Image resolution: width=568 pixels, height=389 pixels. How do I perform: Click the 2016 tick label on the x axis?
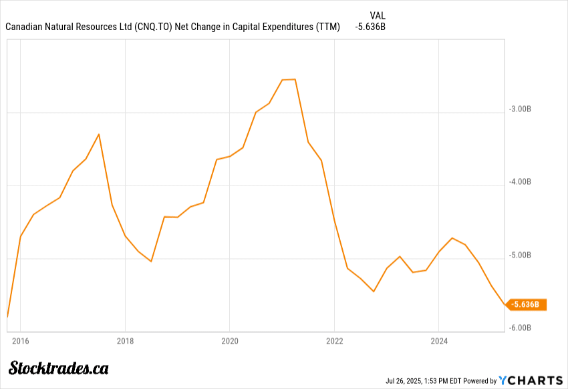tap(20, 342)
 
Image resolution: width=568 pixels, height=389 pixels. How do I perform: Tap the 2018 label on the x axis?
tap(125, 342)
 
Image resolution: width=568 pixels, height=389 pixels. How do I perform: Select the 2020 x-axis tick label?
tap(229, 342)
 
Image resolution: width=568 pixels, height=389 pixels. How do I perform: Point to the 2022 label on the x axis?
tap(334, 342)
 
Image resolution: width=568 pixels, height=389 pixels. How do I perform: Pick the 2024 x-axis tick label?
tap(439, 342)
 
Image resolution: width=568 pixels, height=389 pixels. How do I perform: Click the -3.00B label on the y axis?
tap(520, 109)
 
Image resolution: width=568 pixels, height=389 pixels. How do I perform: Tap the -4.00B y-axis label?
tap(520, 181)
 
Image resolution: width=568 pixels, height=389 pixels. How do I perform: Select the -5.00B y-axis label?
tap(520, 255)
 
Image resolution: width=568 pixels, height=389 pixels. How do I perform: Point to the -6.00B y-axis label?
tap(520, 328)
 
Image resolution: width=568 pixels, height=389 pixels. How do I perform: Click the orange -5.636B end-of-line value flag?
tap(528, 305)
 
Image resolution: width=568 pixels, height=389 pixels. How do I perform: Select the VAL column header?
tap(377, 15)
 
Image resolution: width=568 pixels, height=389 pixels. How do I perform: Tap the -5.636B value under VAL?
tap(370, 27)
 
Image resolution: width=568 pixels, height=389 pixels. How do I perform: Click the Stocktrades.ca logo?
tap(59, 368)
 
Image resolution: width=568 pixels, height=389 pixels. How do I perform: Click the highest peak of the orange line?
tap(289, 79)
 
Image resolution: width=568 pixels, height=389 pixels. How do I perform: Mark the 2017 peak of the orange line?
tap(99, 134)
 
